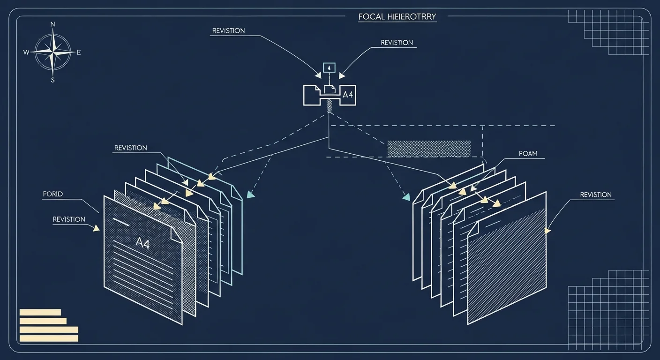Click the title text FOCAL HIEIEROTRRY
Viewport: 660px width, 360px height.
pos(397,16)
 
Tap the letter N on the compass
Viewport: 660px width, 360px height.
pos(53,24)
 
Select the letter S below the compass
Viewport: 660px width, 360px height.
pos(53,80)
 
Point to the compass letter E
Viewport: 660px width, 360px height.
pos(79,52)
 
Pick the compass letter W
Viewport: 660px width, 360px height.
pos(26,52)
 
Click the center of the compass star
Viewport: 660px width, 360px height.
pos(53,52)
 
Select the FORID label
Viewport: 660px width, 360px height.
pos(53,194)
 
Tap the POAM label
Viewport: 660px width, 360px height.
pos(528,153)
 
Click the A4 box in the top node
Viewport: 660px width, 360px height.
pos(348,95)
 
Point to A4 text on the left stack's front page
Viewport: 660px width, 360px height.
pos(142,243)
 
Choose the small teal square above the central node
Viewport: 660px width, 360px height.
pos(329,68)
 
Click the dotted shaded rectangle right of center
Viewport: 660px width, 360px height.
pos(429,149)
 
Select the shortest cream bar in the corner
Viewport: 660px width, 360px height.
pos(40,312)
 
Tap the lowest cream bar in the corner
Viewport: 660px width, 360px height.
pos(49,338)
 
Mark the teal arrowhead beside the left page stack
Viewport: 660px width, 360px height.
pos(250,195)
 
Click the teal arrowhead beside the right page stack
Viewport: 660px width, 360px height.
pos(406,197)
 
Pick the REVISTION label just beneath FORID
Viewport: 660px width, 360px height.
pos(69,219)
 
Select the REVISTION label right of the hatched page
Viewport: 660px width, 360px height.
pos(596,195)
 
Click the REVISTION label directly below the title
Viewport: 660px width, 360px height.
pos(397,43)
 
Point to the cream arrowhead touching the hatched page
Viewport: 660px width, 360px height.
pos(547,231)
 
